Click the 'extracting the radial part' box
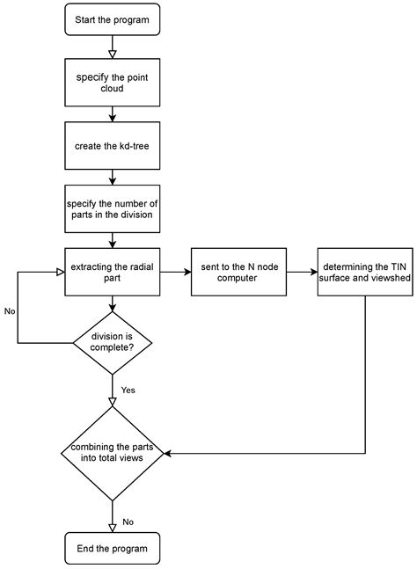[x=112, y=273]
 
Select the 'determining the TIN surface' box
[x=362, y=273]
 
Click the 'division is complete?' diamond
[x=112, y=339]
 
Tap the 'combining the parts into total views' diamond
[x=112, y=454]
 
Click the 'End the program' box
[x=112, y=548]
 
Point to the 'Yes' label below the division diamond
[x=128, y=390]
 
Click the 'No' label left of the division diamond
[x=10, y=311]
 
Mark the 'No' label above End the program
[x=128, y=522]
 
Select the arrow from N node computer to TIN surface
[x=299, y=273]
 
